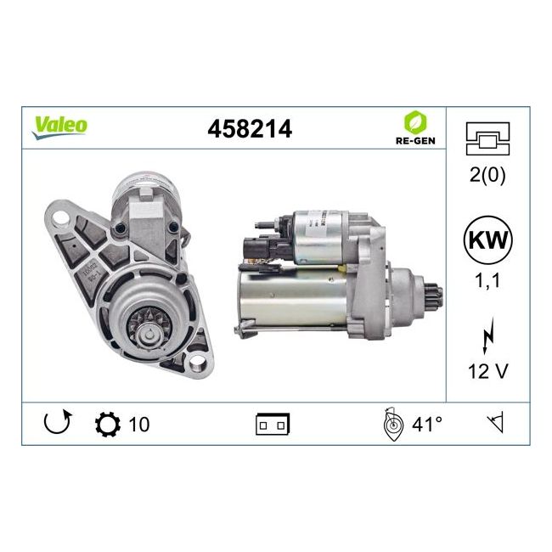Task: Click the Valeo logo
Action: point(59,124)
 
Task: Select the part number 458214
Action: point(250,128)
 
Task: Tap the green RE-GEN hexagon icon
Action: point(415,121)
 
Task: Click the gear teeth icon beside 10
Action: point(109,423)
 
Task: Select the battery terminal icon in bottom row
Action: point(273,424)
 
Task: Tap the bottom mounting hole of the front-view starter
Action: point(198,364)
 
